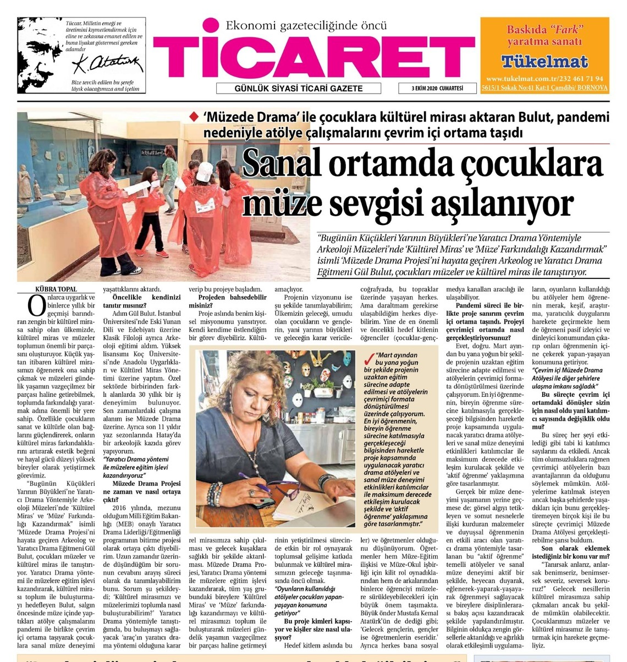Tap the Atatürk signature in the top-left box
(x=107, y=64)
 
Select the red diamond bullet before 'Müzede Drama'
(x=193, y=117)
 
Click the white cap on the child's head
(x=205, y=171)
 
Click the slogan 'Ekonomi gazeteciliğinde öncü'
(x=306, y=25)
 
